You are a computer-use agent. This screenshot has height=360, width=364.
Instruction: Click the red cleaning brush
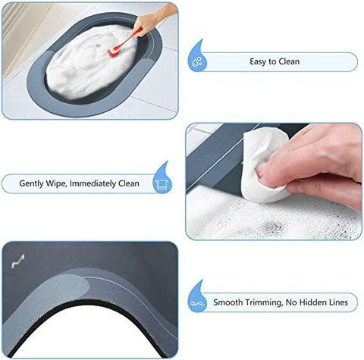(x=124, y=42)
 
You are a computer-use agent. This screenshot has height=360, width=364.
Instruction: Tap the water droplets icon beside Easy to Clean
(x=196, y=61)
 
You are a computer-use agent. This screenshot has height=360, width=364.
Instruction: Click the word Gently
(x=32, y=183)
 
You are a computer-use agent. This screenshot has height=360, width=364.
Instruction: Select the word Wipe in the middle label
(x=56, y=183)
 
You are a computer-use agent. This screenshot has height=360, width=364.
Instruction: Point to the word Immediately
(x=93, y=183)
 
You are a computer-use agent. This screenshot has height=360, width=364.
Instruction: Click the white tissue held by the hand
(x=263, y=164)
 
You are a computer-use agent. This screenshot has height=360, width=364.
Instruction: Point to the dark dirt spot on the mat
(x=274, y=226)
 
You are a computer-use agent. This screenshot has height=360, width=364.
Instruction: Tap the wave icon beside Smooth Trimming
(x=195, y=303)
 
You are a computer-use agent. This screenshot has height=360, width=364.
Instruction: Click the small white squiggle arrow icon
(x=18, y=261)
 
